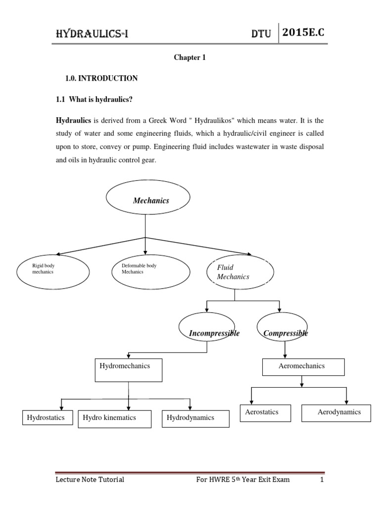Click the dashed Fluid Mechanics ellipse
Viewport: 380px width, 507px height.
point(239,272)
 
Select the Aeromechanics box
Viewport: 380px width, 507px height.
point(303,367)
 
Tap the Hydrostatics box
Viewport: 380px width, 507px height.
point(47,418)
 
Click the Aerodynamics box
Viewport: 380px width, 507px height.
point(336,413)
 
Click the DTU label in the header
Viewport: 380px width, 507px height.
point(262,34)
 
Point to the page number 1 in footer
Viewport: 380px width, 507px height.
point(321,479)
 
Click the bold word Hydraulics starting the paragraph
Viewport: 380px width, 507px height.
point(73,121)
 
